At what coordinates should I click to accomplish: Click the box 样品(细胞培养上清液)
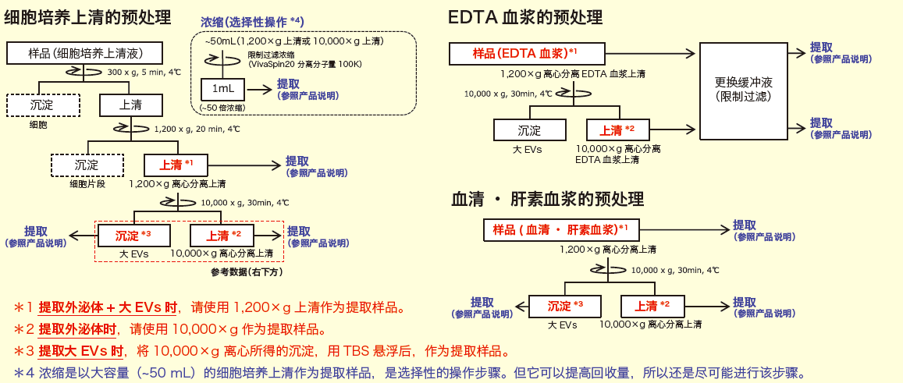85,53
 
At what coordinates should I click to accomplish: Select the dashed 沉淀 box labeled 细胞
43,105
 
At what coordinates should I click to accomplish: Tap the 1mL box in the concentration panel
223,88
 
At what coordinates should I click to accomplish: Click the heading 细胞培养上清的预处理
88,16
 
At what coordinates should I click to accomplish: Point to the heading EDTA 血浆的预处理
524,16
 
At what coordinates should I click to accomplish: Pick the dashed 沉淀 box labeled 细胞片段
87,165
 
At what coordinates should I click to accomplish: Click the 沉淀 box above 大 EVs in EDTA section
529,130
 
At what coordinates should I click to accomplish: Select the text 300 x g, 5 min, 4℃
144,72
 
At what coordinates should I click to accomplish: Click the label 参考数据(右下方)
246,271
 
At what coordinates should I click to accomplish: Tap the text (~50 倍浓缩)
222,107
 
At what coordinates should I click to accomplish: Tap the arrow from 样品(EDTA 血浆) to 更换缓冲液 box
648,54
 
